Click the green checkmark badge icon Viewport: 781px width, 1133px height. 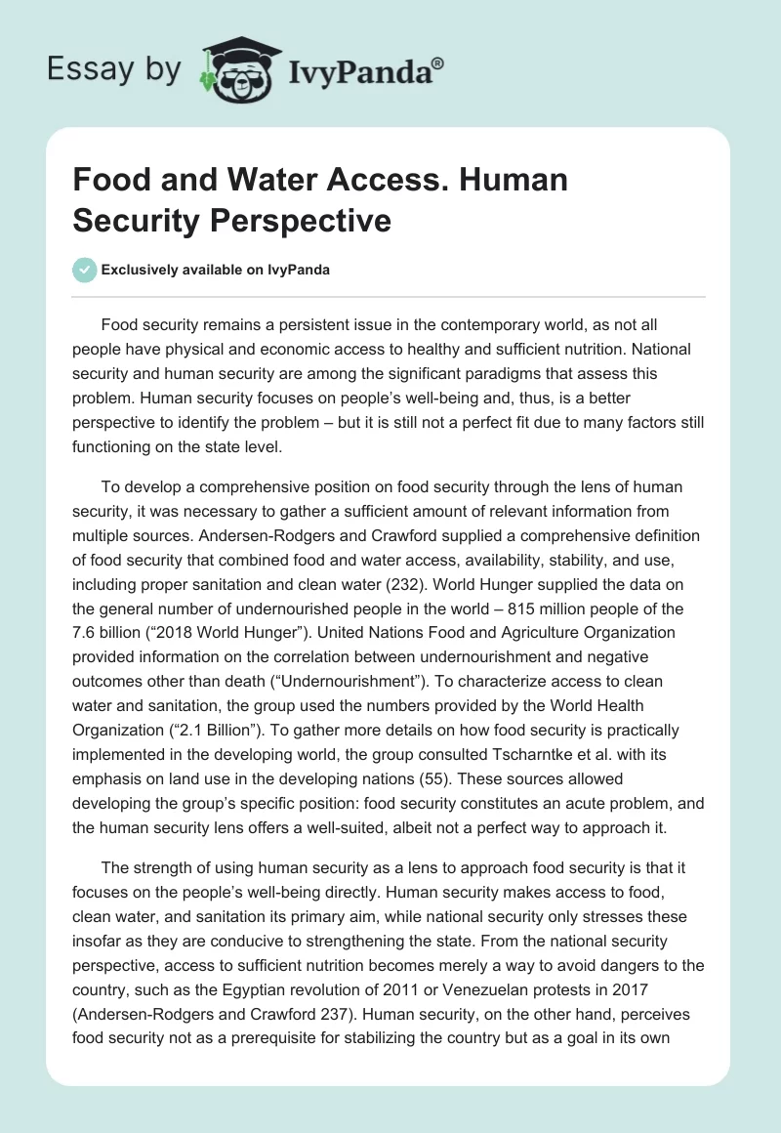point(85,270)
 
